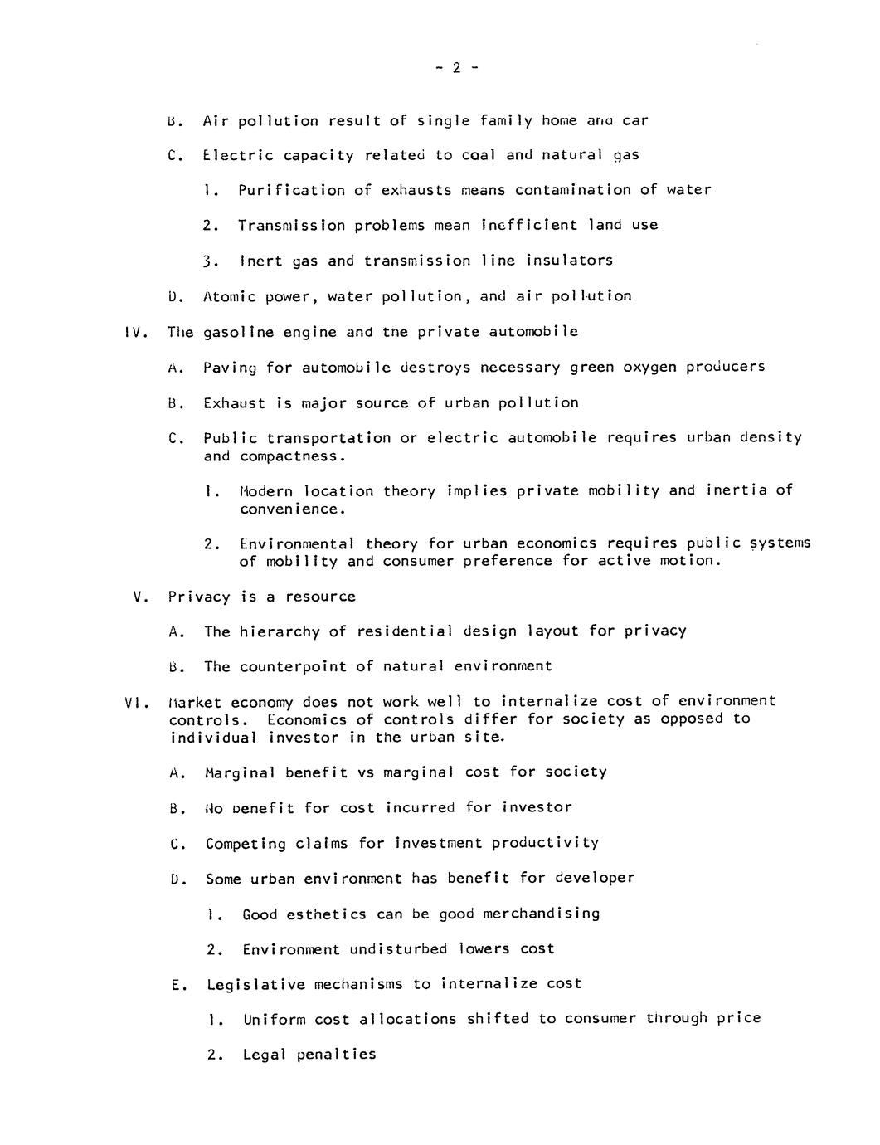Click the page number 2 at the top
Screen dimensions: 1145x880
coord(456,69)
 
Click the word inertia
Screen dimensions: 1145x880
coord(737,490)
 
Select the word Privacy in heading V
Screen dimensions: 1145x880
coord(198,597)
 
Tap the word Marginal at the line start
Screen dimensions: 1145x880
coord(241,772)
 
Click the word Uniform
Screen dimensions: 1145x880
coord(274,1020)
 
